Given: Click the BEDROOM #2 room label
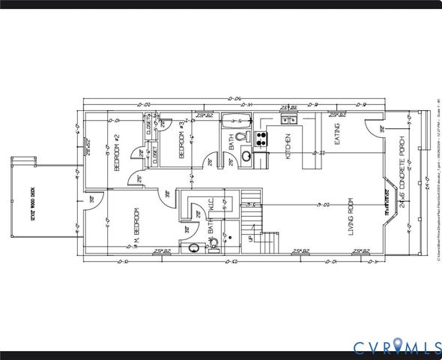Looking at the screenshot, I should (x=117, y=153).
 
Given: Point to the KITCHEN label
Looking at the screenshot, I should (x=287, y=146).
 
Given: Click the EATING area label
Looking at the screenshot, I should (x=337, y=134).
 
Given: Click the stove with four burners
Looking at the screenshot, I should (x=262, y=138).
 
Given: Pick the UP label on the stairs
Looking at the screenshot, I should (x=249, y=239).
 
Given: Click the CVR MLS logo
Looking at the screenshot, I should (x=396, y=346).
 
